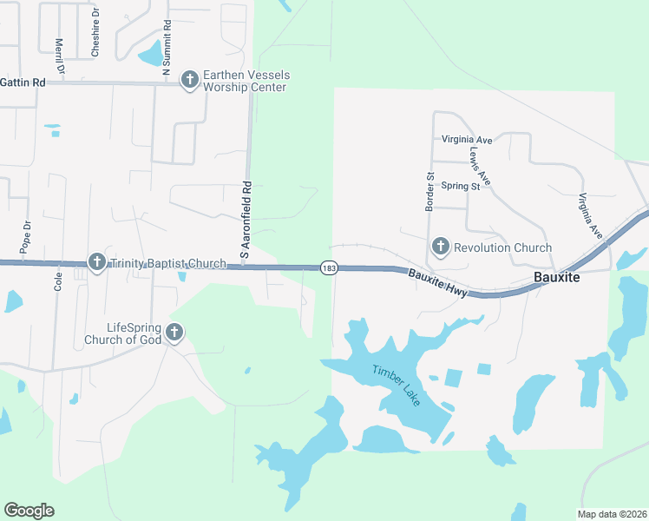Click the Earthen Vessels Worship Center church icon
(x=189, y=81)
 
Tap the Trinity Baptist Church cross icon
(x=96, y=261)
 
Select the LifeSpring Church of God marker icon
(x=174, y=332)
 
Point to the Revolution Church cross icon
(x=440, y=247)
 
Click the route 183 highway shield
(x=328, y=268)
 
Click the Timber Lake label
(x=395, y=382)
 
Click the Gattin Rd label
(x=22, y=82)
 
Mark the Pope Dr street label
(x=27, y=237)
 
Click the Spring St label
(x=460, y=186)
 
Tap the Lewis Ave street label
(x=480, y=165)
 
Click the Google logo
(x=29, y=511)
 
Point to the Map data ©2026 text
(x=612, y=514)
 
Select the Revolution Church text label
(x=503, y=247)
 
